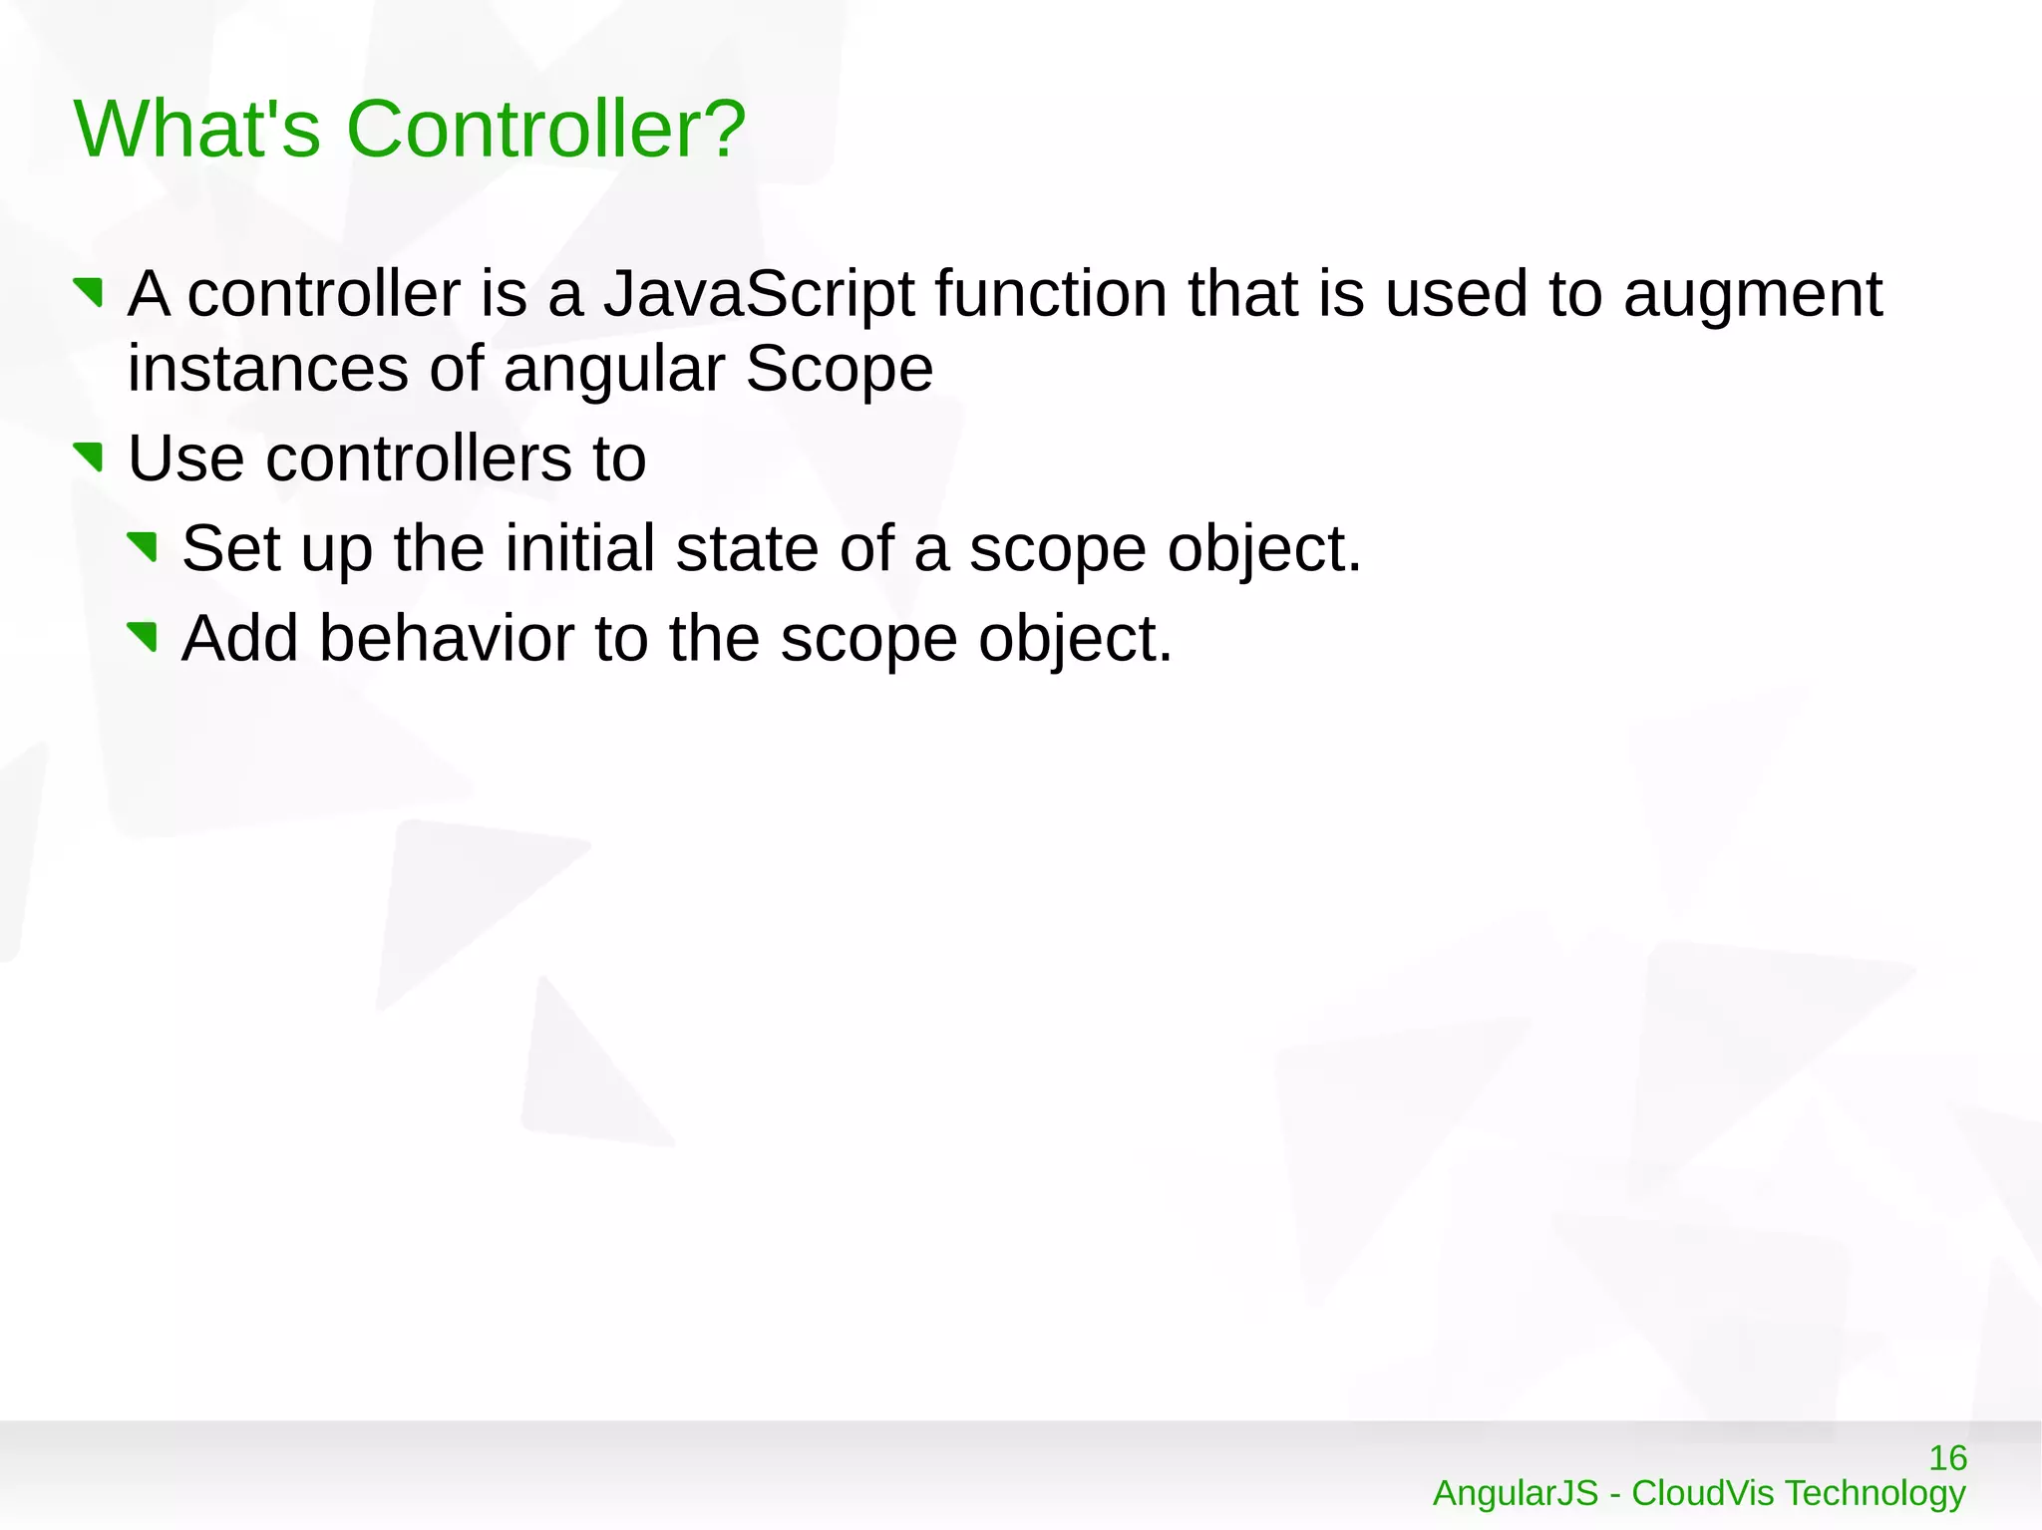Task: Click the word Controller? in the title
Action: point(545,130)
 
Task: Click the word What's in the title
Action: point(196,130)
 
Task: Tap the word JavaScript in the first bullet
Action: point(759,295)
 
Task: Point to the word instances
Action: point(267,369)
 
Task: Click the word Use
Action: point(186,459)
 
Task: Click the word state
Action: point(747,548)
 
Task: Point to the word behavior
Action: point(446,638)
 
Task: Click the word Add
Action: point(239,638)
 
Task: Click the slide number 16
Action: point(1947,1458)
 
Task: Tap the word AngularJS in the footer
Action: point(1515,1493)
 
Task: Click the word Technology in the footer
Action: point(1874,1493)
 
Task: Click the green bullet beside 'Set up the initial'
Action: point(144,546)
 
